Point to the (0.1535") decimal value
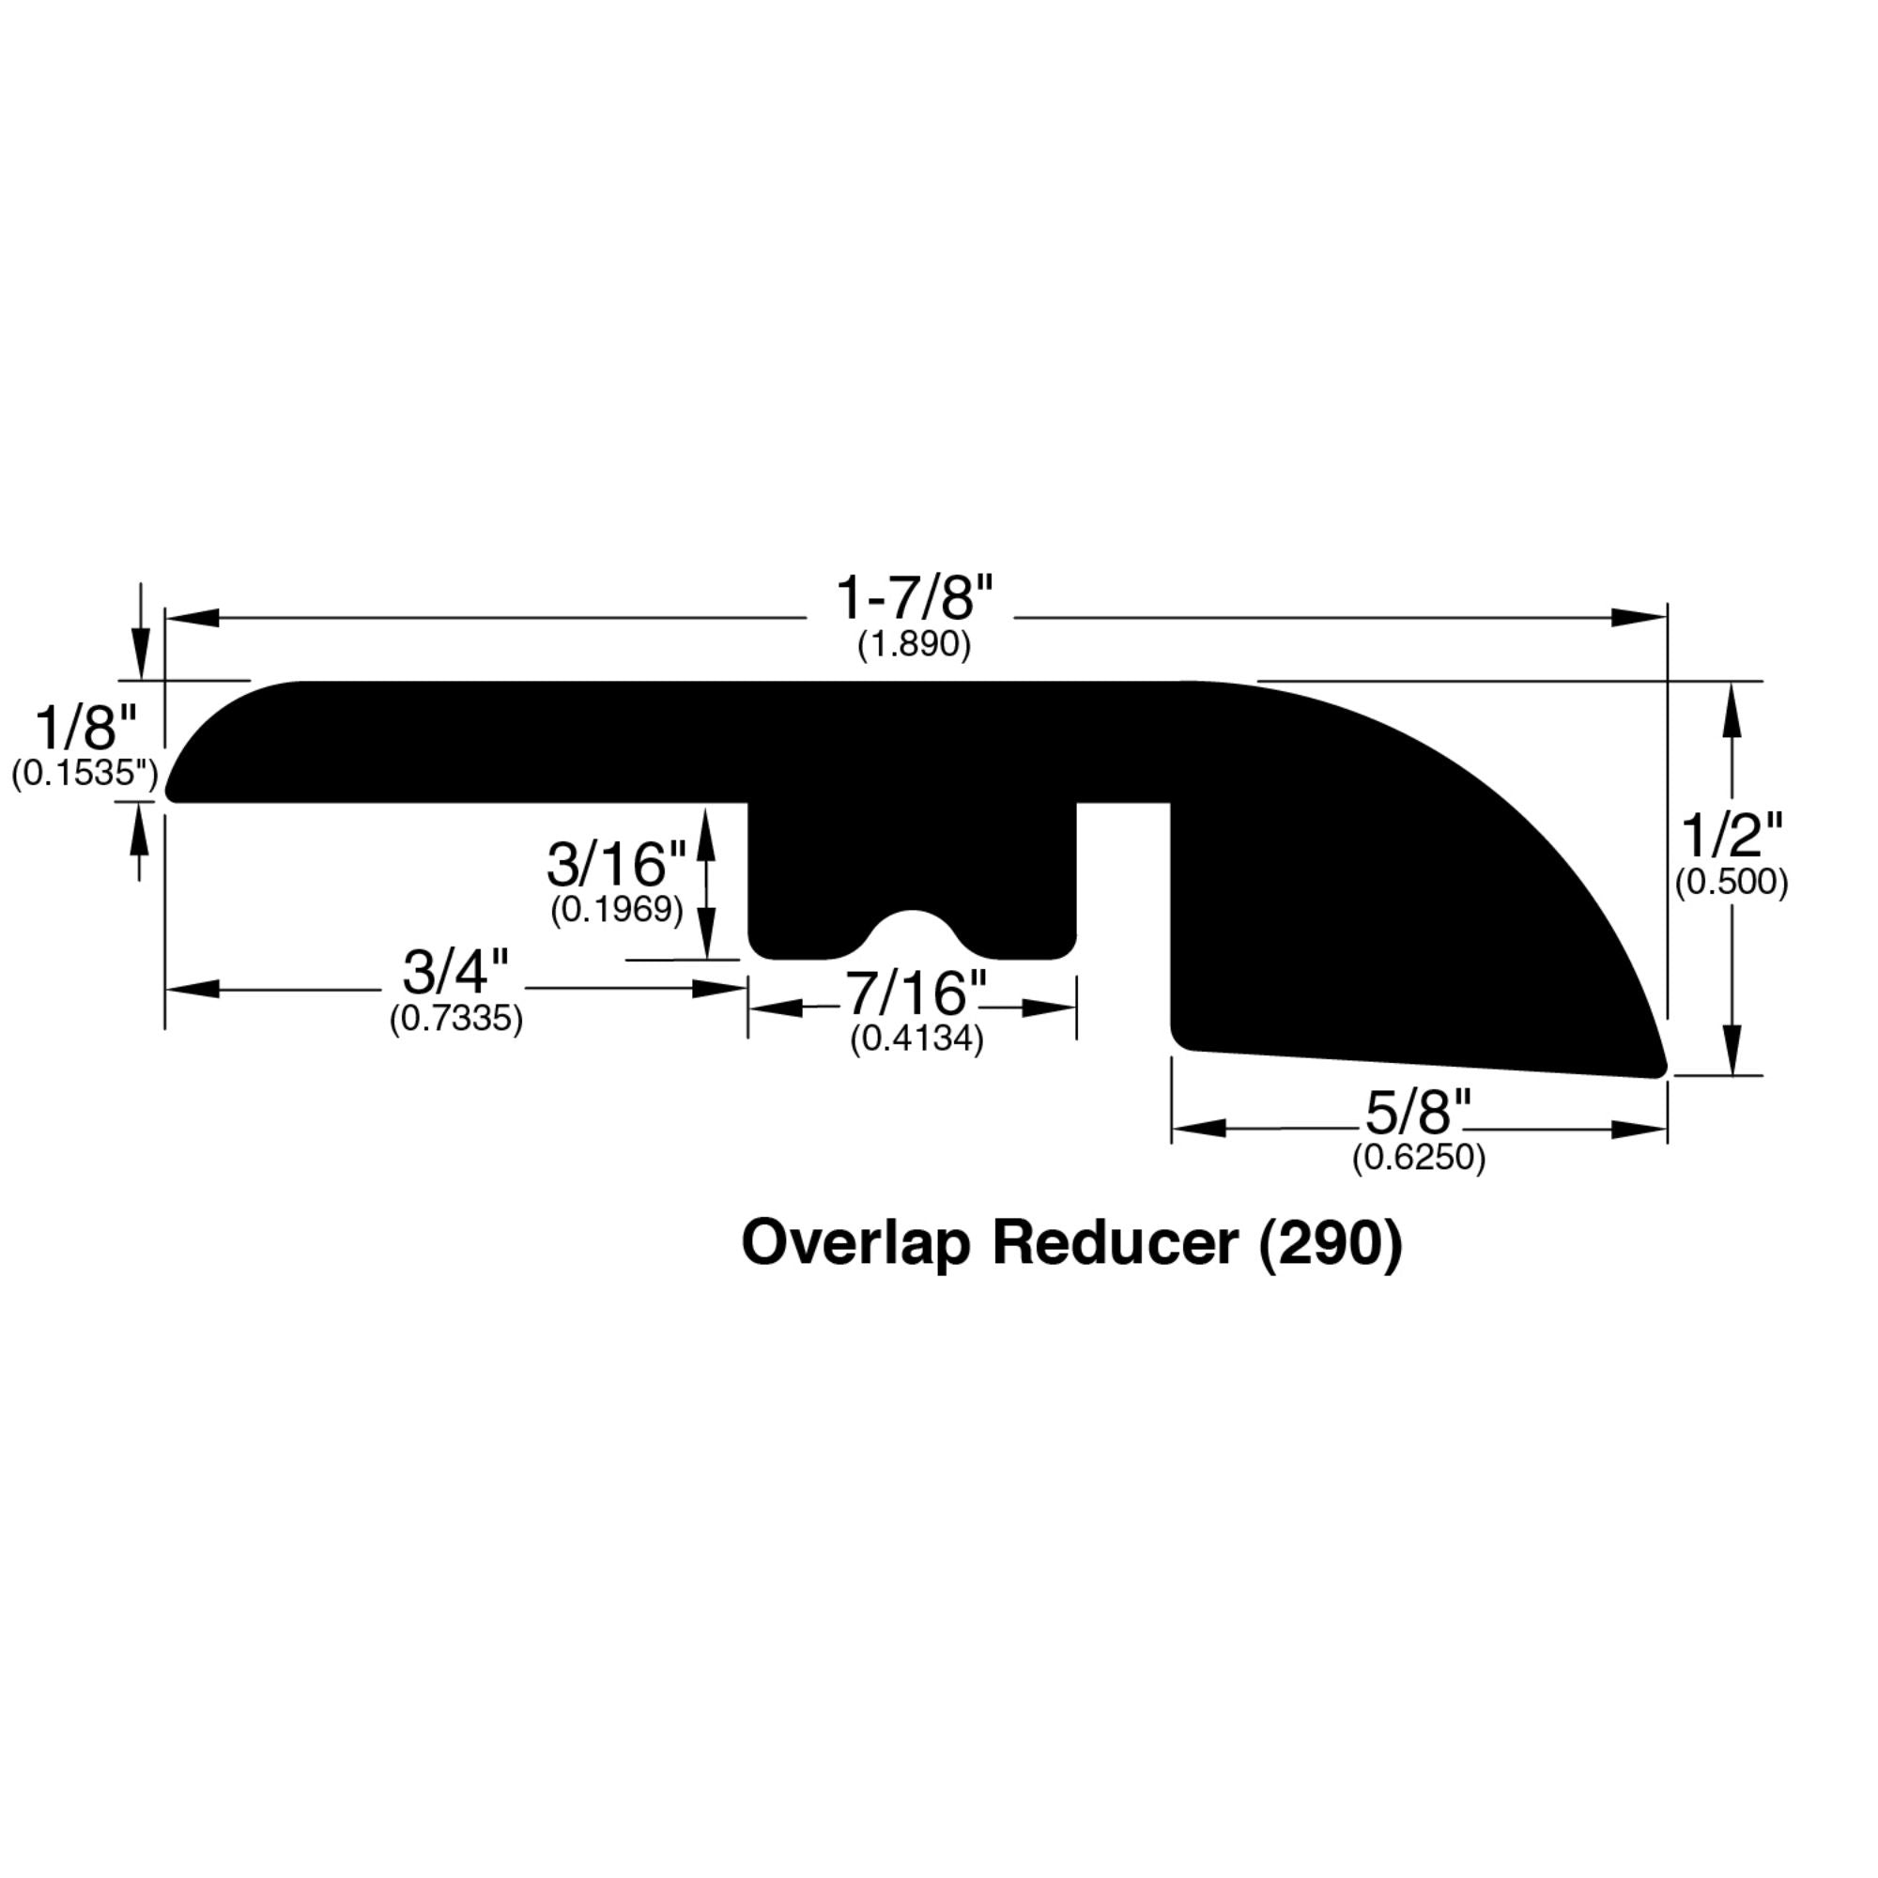85,774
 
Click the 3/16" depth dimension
616,864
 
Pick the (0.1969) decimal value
616,910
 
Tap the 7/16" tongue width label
915,993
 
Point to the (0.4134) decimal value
916,1039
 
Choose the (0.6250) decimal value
1419,1158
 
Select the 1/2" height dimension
1732,836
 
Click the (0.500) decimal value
1732,882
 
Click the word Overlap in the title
855,1245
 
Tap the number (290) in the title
1331,1243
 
